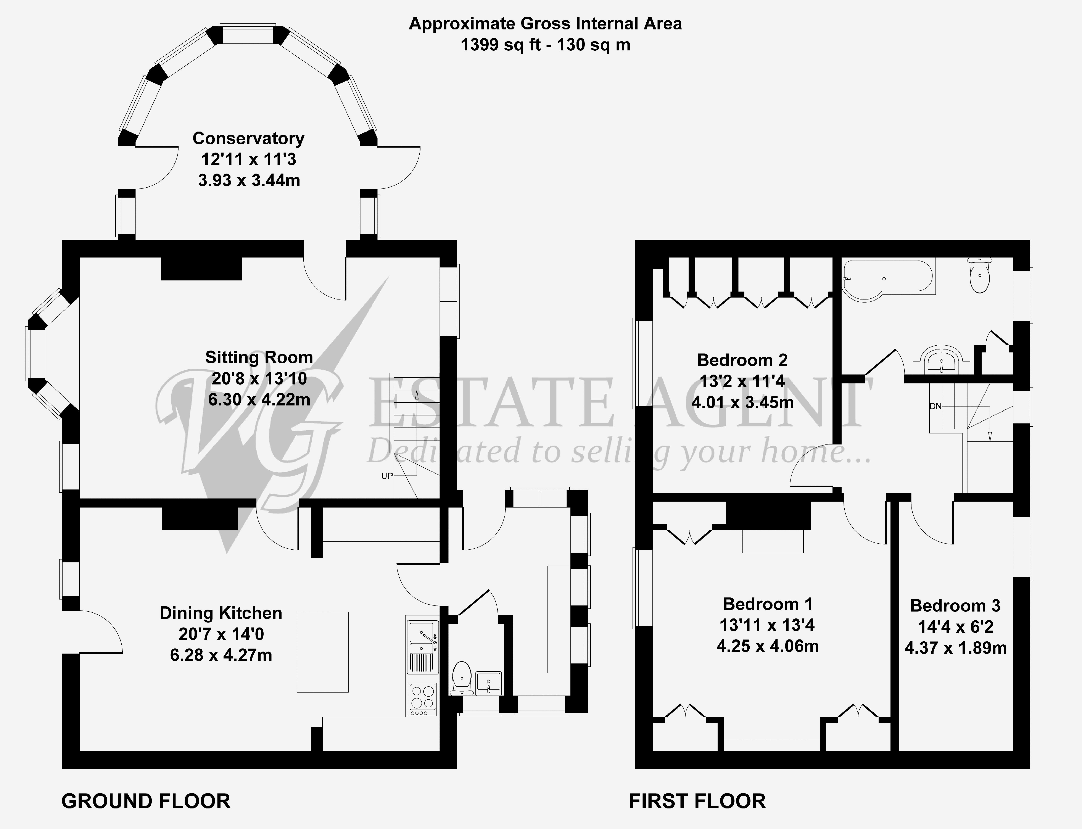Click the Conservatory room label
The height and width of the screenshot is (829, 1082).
[248, 138]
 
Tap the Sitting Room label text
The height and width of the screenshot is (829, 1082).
[259, 357]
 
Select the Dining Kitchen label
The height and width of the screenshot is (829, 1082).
[221, 613]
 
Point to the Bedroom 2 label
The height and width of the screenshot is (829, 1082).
[742, 360]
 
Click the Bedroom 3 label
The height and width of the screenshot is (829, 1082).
[955, 605]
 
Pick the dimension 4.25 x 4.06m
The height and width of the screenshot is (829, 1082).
[768, 646]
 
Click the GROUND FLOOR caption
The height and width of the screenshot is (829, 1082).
[146, 801]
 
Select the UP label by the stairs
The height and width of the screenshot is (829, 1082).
[387, 476]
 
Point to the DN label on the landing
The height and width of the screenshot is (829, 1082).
[935, 407]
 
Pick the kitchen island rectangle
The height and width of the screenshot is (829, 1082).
[323, 652]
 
